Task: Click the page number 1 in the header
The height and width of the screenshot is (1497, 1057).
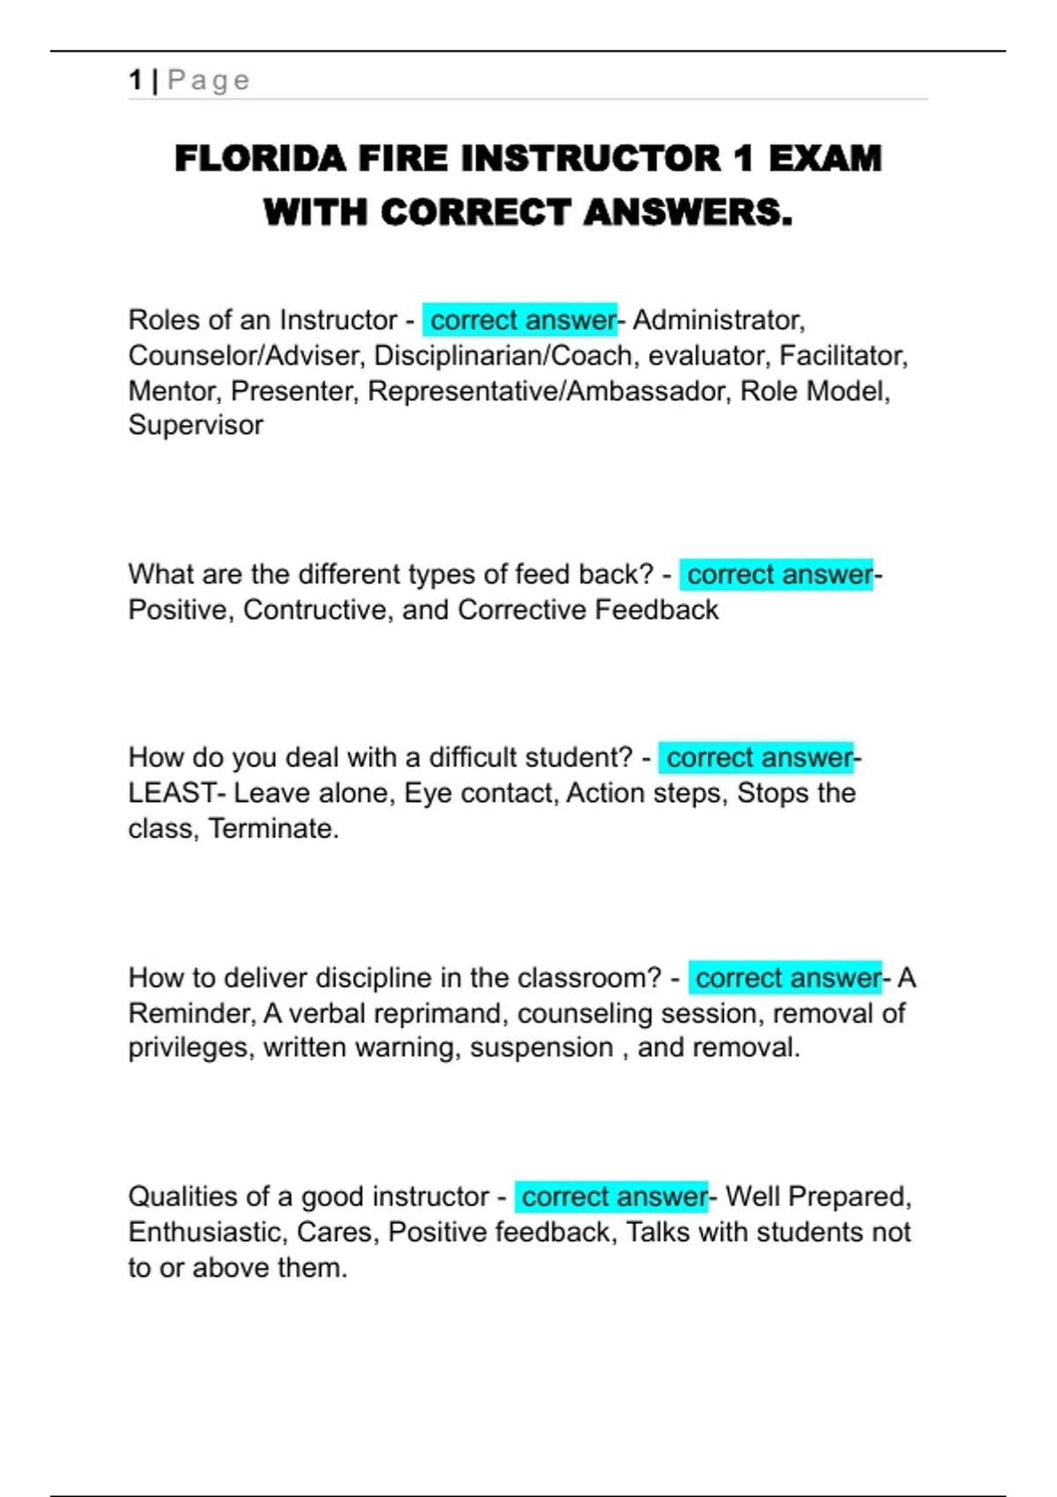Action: (x=135, y=80)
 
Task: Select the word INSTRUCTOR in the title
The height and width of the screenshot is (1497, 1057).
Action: (x=591, y=159)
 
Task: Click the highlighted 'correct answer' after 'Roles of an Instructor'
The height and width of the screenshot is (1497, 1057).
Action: (x=521, y=320)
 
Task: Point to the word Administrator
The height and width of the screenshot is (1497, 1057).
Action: (x=718, y=320)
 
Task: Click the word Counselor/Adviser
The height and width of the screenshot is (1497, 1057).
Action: (x=247, y=355)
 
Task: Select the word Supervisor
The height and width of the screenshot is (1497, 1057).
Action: (x=196, y=425)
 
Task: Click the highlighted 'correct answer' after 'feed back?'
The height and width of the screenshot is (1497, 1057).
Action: (x=778, y=575)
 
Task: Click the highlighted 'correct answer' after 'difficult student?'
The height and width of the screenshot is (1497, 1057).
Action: (x=758, y=758)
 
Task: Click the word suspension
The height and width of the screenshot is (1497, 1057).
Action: (x=541, y=1048)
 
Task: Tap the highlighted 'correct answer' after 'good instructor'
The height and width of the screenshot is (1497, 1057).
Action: (x=613, y=1197)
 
